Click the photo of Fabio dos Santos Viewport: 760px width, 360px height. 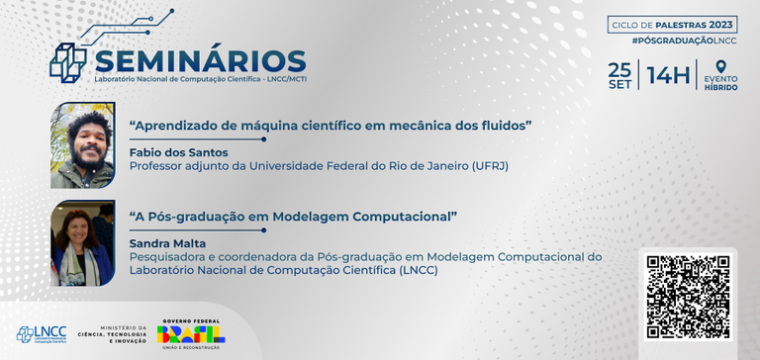(82, 145)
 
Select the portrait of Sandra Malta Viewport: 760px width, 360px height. (82, 242)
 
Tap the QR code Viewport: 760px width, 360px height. (688, 297)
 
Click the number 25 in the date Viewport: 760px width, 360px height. (619, 69)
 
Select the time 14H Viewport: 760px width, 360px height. (668, 75)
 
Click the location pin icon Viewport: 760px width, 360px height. (720, 66)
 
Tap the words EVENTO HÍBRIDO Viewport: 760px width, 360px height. (720, 83)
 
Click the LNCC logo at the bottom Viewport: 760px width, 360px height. (39, 334)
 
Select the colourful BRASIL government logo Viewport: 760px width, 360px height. (190, 333)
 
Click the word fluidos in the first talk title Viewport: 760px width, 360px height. (505, 126)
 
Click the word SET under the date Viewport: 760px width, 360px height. (619, 85)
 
